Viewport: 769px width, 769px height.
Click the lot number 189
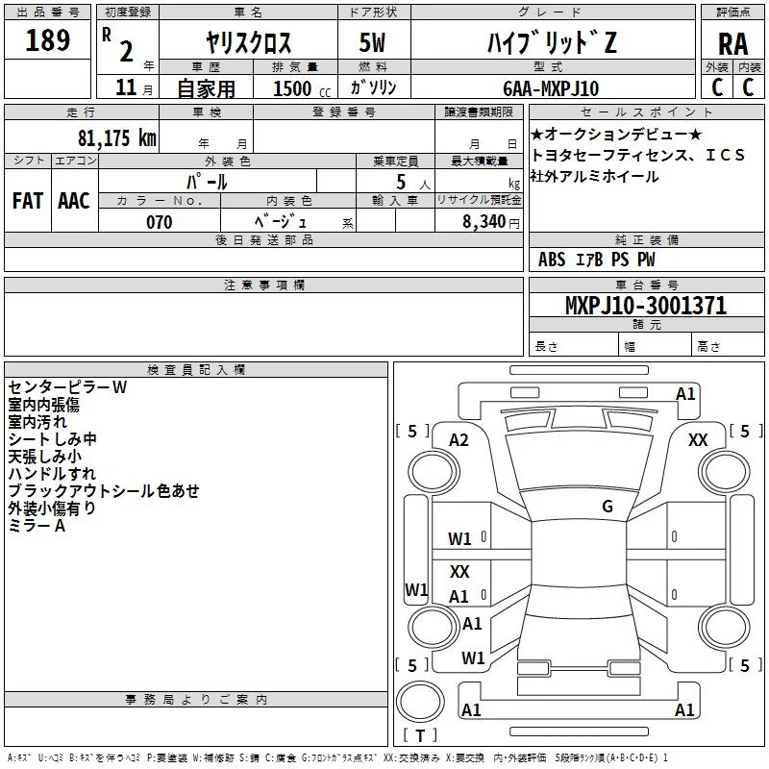coord(47,39)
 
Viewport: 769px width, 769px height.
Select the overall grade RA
coord(732,44)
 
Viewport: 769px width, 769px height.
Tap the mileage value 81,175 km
coord(116,137)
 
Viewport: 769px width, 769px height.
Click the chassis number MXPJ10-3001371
coord(646,305)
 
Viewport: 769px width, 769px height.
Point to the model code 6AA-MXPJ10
coord(551,88)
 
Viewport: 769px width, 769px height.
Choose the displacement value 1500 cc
coord(302,88)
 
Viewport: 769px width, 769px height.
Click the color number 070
coord(160,222)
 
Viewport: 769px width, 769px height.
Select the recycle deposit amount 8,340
coord(484,222)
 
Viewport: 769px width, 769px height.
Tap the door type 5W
coord(372,42)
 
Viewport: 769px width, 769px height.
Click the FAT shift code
coord(28,201)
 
